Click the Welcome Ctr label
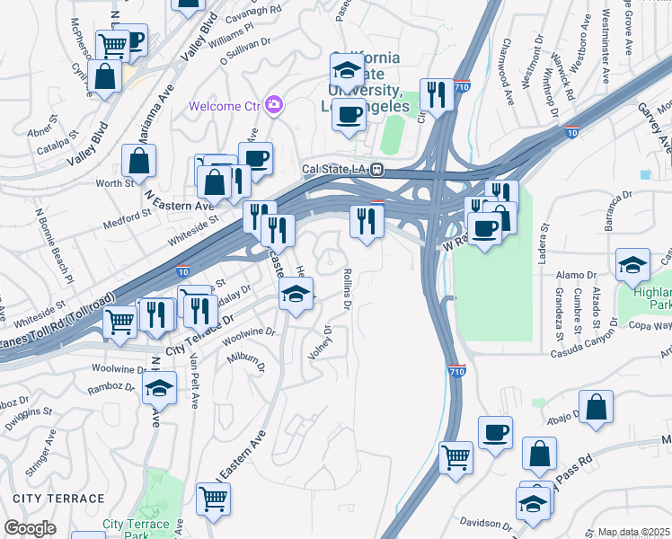pos(225,106)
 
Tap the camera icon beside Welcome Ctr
pos(274,105)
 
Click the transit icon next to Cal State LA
pos(379,168)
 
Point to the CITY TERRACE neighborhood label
pos(59,498)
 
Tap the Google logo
pos(31,528)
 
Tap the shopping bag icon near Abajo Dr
pos(596,406)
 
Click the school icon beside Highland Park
pos(633,265)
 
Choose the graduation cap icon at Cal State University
pos(347,69)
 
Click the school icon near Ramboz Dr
pos(159,388)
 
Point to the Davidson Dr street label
pos(480,522)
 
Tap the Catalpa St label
pos(36,143)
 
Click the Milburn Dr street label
pos(247,362)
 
